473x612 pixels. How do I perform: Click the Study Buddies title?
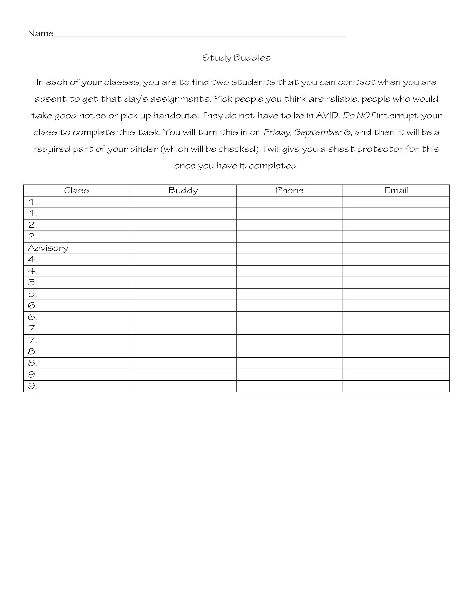236,58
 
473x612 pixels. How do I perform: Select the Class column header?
76,191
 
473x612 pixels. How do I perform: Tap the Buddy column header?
183,191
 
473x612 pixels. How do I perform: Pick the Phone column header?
289,191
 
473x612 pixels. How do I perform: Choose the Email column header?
396,191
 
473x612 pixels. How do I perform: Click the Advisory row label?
48,248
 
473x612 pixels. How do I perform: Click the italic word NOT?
365,115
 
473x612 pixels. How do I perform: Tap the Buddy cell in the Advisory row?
183,248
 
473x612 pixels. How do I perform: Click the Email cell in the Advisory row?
396,248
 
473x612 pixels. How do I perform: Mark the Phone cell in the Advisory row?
289,248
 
